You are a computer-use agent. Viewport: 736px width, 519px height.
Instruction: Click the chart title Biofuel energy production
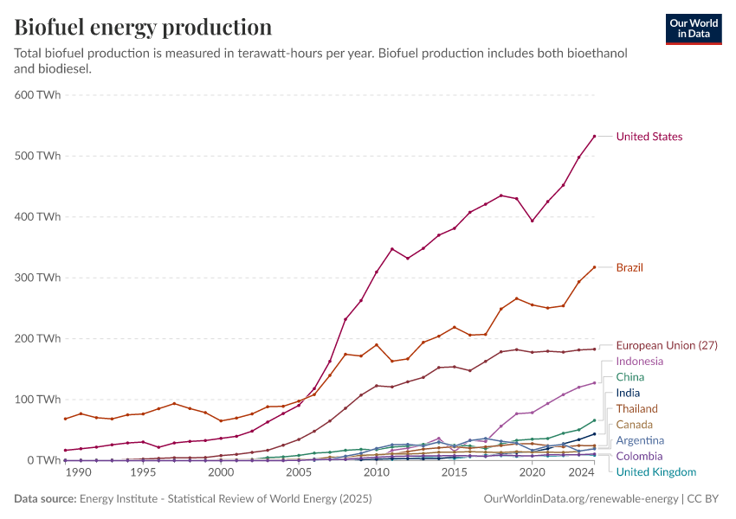(143, 27)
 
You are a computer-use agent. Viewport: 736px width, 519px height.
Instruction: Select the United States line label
(649, 137)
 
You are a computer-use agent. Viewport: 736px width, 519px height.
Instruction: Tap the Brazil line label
(629, 267)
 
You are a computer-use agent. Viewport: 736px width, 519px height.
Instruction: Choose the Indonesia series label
(640, 361)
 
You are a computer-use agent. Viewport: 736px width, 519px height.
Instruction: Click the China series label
(630, 377)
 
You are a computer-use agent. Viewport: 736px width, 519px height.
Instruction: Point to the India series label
(629, 393)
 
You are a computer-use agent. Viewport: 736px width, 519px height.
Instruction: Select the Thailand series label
(636, 408)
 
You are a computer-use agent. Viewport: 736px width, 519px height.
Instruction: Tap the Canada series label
(635, 425)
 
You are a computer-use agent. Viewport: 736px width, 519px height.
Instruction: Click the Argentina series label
(640, 440)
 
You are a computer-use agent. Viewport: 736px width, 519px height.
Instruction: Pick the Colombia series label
(639, 456)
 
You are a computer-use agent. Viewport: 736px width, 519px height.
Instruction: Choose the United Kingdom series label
(655, 472)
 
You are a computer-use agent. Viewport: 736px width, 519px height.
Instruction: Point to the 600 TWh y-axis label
(37, 95)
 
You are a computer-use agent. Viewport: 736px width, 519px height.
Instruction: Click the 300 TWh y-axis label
(37, 278)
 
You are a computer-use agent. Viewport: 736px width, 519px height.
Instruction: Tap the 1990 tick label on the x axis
(78, 473)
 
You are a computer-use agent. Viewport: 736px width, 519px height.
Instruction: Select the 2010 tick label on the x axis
(376, 473)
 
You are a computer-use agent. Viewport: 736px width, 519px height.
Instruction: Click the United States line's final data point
(594, 136)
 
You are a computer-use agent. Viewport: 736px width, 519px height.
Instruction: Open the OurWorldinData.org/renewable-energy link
(579, 499)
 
